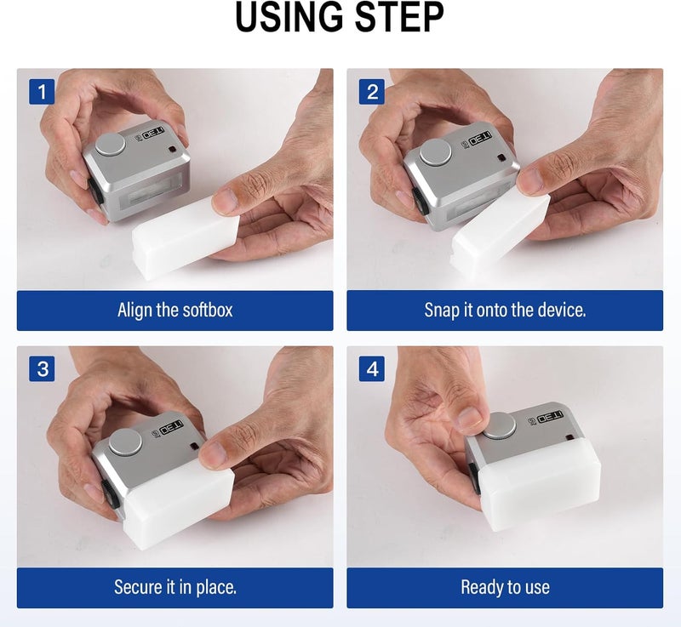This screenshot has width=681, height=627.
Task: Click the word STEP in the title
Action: click(399, 17)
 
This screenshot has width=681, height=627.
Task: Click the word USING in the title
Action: click(289, 17)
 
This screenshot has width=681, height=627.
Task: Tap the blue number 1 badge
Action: click(42, 92)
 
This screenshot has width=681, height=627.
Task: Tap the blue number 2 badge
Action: click(372, 92)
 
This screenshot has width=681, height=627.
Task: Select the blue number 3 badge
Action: click(42, 369)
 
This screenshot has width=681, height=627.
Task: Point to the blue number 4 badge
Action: click(372, 369)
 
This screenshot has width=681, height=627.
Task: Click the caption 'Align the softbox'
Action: click(175, 311)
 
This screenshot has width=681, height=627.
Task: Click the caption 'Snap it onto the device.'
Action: click(505, 311)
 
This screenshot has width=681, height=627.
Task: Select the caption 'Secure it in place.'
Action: click(175, 587)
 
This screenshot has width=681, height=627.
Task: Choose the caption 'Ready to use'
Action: click(505, 588)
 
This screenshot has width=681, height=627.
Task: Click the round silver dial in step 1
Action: click(111, 145)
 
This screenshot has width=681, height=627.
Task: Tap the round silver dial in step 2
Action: click(436, 152)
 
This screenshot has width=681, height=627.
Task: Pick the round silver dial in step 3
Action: click(125, 442)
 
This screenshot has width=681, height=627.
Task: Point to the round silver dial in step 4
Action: click(500, 425)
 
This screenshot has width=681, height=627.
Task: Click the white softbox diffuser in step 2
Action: click(500, 232)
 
